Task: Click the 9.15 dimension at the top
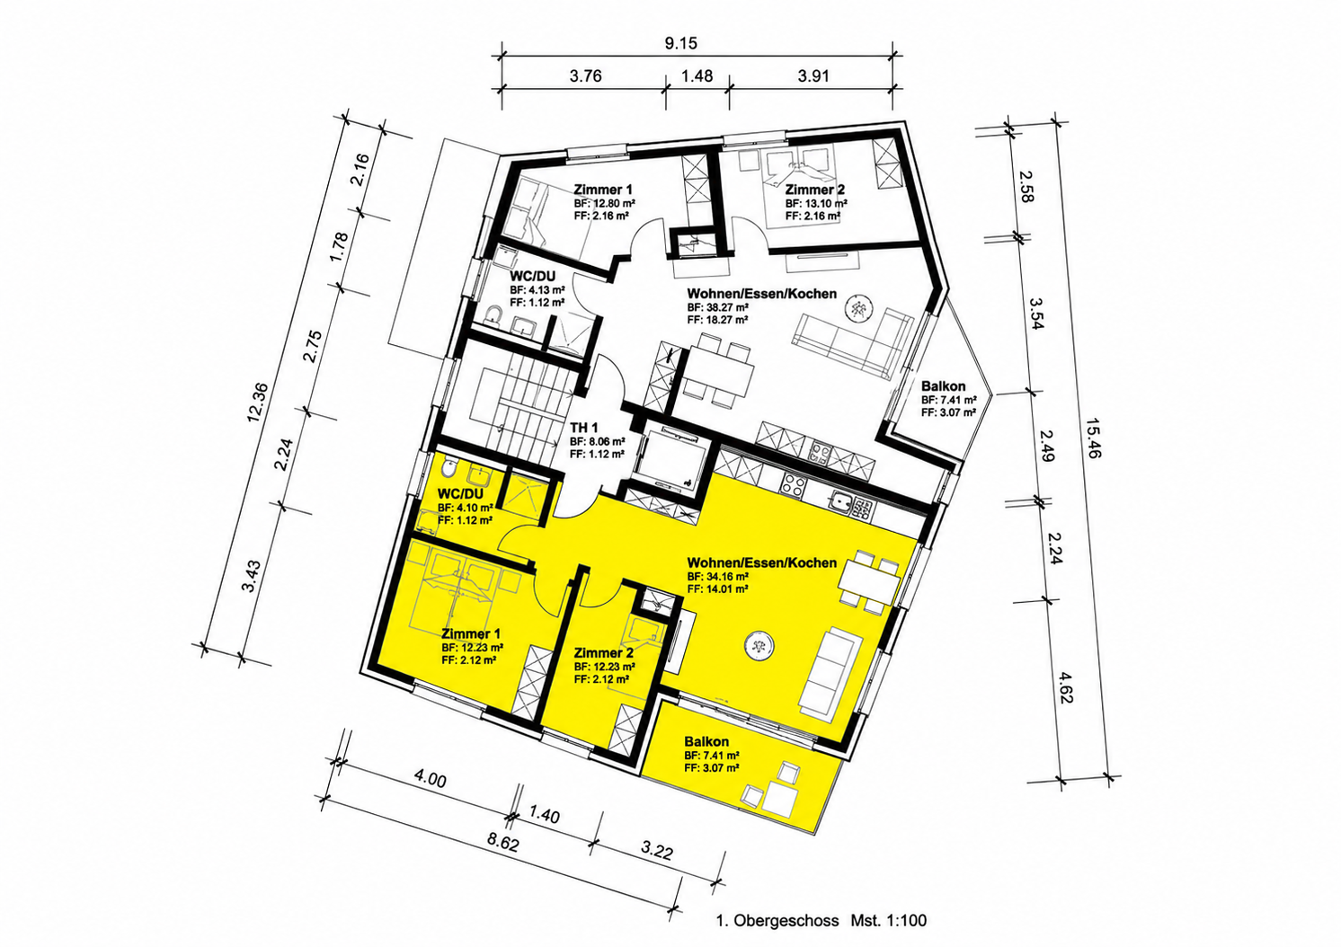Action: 681,44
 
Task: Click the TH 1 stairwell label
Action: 584,428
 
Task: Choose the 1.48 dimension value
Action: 697,76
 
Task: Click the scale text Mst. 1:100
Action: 888,921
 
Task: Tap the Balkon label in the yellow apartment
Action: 706,741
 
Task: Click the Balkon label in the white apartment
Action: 944,386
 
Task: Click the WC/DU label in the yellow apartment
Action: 460,494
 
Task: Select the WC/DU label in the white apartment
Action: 533,276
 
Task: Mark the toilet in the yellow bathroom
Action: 450,467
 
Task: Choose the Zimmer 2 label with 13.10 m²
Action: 815,190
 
